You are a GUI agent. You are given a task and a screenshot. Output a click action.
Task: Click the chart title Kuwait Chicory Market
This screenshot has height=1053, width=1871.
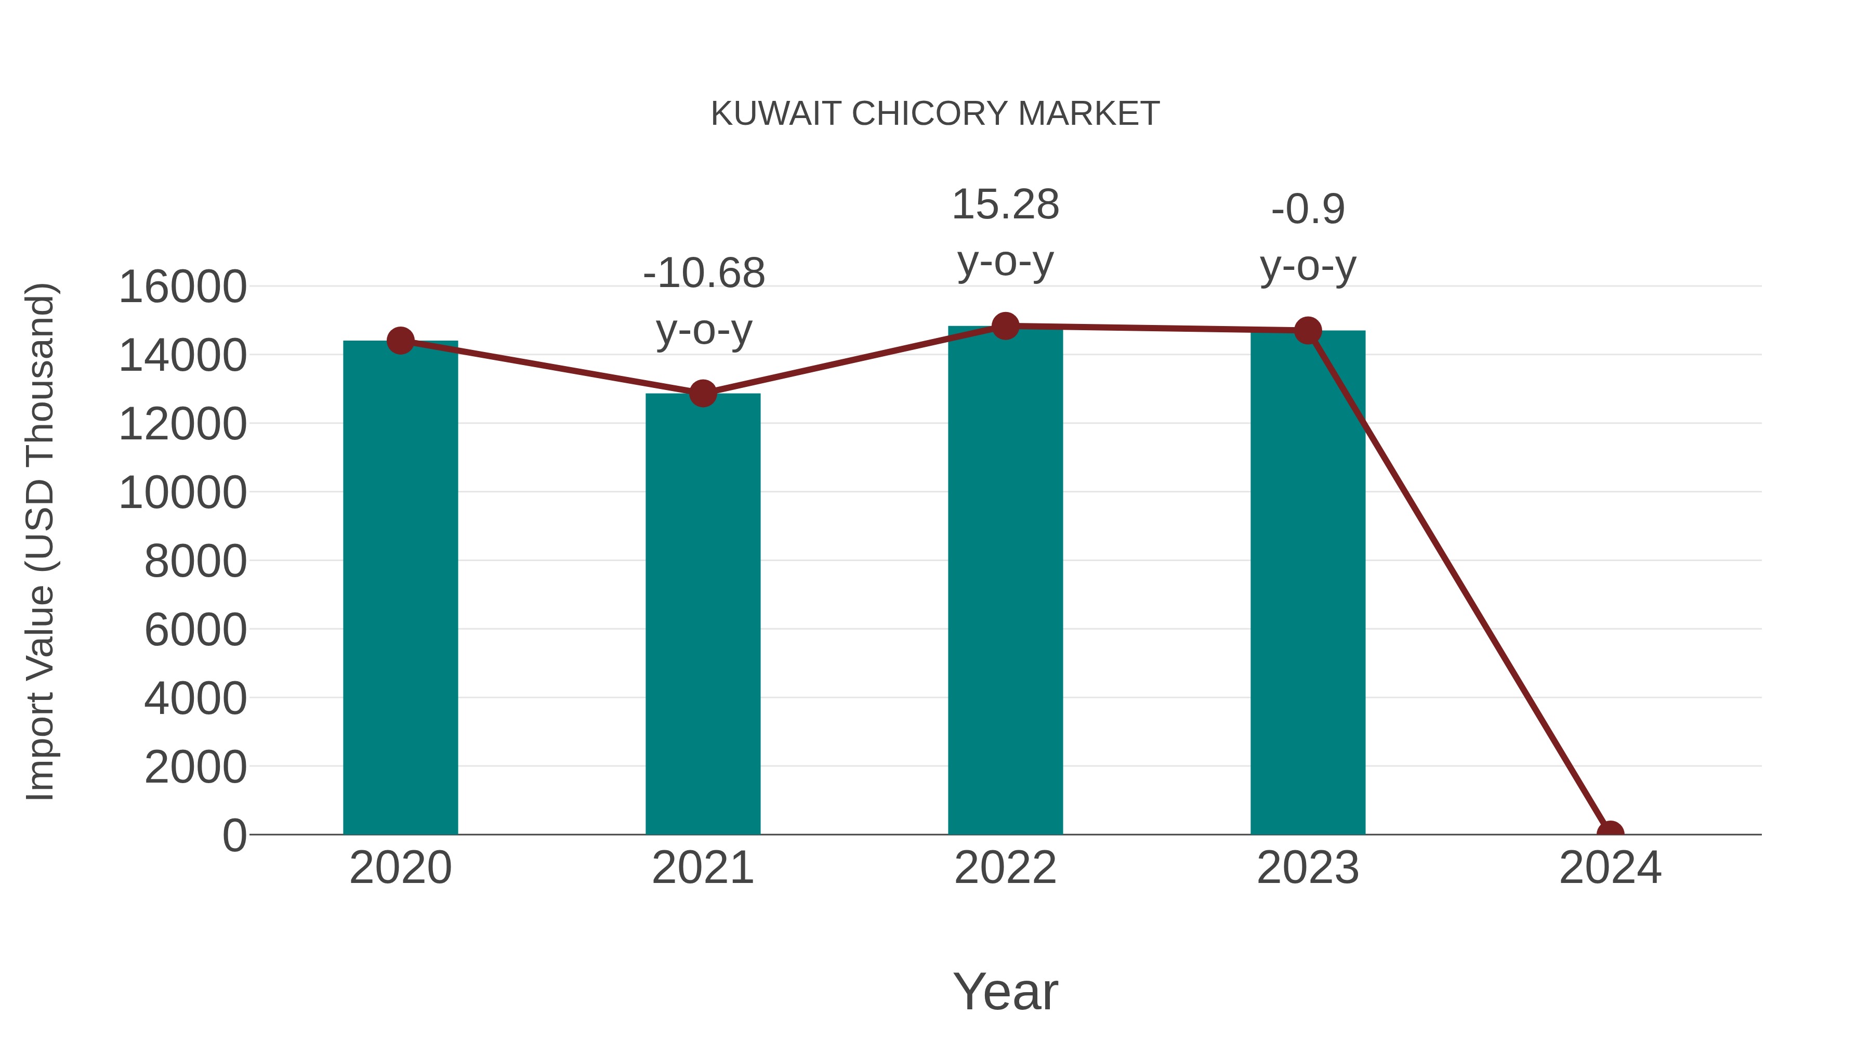coord(935,114)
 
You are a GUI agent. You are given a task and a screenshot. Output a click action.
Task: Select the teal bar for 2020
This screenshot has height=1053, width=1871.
coord(400,589)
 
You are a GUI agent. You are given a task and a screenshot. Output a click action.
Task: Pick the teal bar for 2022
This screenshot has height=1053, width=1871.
coord(1005,581)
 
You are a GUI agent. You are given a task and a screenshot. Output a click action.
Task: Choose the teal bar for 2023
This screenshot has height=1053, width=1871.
coord(1308,581)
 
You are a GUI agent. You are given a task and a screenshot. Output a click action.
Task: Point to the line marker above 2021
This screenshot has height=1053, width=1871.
coord(702,393)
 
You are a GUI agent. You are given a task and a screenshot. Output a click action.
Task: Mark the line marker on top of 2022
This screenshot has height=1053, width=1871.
coord(1005,326)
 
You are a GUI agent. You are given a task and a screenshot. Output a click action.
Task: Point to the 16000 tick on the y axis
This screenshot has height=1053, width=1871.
coord(182,287)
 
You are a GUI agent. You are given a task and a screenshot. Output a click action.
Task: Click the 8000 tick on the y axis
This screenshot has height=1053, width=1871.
coord(195,561)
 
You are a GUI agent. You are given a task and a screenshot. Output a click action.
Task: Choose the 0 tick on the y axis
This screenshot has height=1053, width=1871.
coord(234,835)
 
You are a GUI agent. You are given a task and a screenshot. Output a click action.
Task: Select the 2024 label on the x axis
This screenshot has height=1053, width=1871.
coord(1610,868)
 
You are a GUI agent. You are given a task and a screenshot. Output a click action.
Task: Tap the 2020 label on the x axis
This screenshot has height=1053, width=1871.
coord(400,868)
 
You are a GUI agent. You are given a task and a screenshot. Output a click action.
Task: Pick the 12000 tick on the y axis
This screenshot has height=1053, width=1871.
coord(182,424)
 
